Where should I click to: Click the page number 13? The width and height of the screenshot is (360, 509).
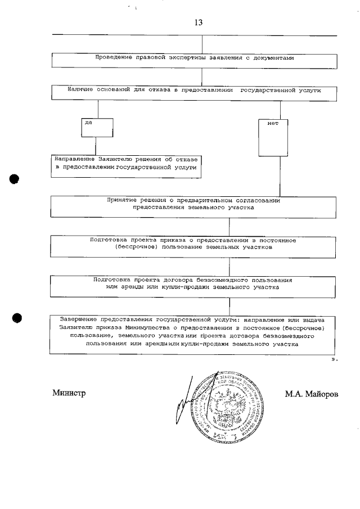click(x=198, y=23)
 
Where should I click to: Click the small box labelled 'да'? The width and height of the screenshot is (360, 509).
click(x=97, y=127)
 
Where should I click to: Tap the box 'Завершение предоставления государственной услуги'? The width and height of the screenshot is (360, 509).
click(x=194, y=335)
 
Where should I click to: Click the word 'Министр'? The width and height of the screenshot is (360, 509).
click(x=69, y=393)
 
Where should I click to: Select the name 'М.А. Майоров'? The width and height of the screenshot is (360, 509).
click(x=312, y=394)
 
